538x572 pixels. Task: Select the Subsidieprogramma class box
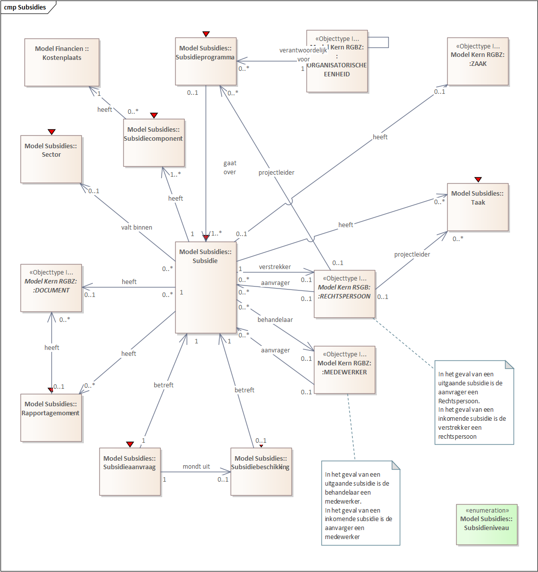pyautogui.click(x=205, y=61)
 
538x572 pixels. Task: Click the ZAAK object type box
pyautogui.click(x=477, y=61)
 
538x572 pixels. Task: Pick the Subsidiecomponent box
pyautogui.click(x=154, y=142)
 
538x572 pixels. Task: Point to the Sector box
pyautogui.click(x=51, y=159)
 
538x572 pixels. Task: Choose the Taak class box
pyautogui.click(x=477, y=207)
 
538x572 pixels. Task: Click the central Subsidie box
pyautogui.click(x=205, y=287)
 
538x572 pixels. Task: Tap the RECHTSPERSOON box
pyautogui.click(x=344, y=294)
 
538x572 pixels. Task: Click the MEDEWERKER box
pyautogui.click(x=344, y=370)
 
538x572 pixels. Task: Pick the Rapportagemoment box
pyautogui.click(x=51, y=417)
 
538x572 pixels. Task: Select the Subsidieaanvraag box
pyautogui.click(x=130, y=471)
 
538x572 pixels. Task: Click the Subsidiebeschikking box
pyautogui.click(x=261, y=471)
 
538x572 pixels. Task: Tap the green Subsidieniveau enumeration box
pyautogui.click(x=487, y=524)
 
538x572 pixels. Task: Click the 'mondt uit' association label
pyautogui.click(x=196, y=466)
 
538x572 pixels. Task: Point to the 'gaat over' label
pyautogui.click(x=230, y=167)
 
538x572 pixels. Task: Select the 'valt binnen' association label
pyautogui.click(x=136, y=227)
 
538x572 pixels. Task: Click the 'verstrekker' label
pyautogui.click(x=274, y=267)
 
